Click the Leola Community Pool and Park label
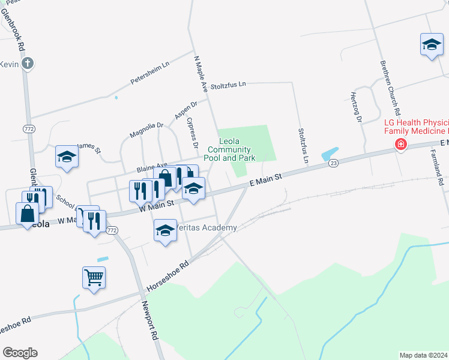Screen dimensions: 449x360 pos(235,149)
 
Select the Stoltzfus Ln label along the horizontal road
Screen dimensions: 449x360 pos(226,85)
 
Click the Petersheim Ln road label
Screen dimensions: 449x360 pos(151,73)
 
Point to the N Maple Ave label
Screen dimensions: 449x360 pos(200,74)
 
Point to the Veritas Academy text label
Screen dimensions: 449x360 pos(204,228)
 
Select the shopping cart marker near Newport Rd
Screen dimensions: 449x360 pos(94,277)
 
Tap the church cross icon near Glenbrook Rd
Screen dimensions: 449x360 pos(27,63)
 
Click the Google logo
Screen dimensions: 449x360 pos(20,353)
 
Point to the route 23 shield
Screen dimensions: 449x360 pos(334,163)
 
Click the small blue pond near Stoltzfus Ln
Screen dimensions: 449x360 pos(330,153)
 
